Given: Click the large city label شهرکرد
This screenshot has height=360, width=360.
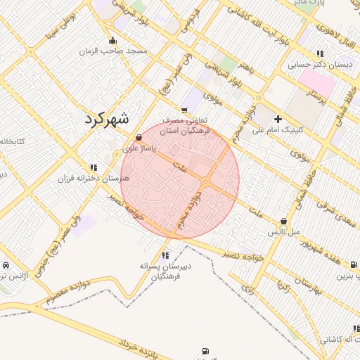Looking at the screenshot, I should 107,119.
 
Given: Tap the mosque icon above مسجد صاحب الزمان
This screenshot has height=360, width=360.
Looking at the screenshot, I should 112,41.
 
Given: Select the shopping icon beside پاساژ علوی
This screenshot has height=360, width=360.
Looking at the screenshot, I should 139,137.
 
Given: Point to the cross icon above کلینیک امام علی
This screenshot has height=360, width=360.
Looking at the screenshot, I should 278,119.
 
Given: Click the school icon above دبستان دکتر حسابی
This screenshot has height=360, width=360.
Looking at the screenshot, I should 320,53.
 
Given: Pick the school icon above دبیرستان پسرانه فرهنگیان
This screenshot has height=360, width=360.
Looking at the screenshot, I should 165,255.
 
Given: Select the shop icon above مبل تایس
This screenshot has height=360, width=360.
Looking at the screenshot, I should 283,221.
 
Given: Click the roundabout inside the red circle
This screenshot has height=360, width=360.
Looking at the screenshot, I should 205,183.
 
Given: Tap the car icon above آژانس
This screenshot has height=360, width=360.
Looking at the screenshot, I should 6,266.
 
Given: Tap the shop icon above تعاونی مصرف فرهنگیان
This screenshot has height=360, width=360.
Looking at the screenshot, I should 184,110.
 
